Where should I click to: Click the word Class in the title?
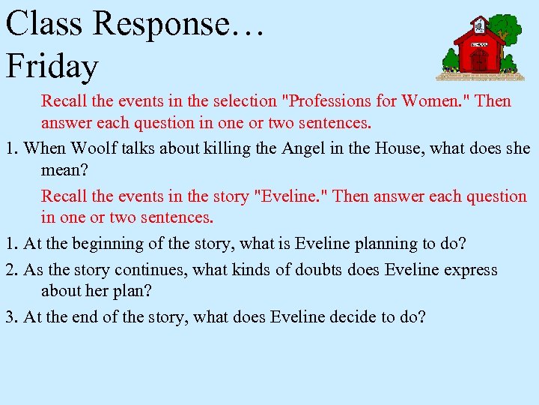(x=43, y=24)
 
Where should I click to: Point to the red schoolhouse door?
(x=480, y=60)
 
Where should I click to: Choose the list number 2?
(x=11, y=270)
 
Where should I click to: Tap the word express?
(x=470, y=270)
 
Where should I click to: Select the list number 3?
(x=11, y=316)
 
